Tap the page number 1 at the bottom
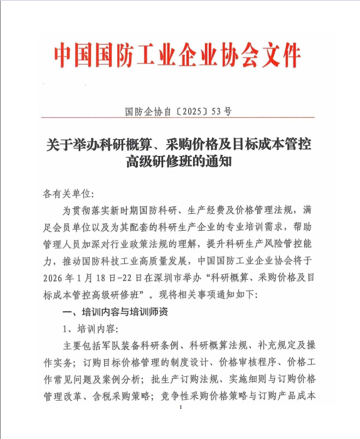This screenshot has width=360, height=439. click(181, 408)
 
